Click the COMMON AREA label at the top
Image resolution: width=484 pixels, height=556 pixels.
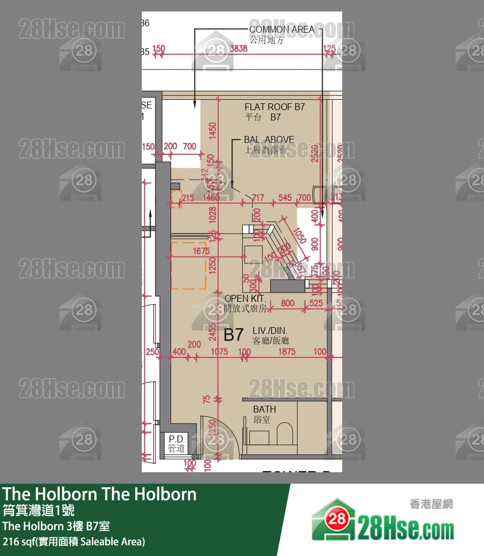(x=281, y=29)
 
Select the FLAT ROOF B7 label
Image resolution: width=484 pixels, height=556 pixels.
(x=274, y=107)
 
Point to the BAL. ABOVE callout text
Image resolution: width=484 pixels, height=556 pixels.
(x=269, y=139)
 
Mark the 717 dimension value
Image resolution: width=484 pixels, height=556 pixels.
(x=258, y=198)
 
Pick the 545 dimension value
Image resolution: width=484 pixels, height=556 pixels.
(x=285, y=198)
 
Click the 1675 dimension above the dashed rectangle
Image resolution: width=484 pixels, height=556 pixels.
(x=201, y=251)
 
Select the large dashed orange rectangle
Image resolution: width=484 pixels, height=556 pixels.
(x=188, y=265)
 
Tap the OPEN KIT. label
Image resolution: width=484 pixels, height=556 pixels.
(x=245, y=298)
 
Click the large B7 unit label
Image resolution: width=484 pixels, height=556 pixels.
(x=234, y=335)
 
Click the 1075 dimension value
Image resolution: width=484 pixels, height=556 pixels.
(x=219, y=352)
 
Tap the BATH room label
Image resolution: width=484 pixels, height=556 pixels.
(x=265, y=409)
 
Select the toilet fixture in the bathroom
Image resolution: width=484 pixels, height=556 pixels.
(x=285, y=434)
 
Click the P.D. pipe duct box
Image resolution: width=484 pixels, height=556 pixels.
(x=176, y=444)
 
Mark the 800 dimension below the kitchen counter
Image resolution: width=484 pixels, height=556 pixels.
(x=287, y=303)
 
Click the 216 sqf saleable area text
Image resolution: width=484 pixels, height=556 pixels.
(x=73, y=541)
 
